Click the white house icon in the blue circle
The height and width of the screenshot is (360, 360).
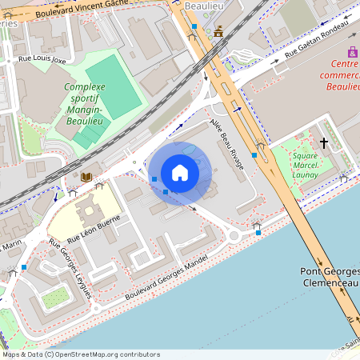pyautogui.click(x=180, y=173)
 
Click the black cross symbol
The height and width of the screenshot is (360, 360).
pyautogui.click(x=323, y=142)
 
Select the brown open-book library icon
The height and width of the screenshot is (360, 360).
pyautogui.click(x=86, y=177)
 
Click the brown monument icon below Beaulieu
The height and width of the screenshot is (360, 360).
pyautogui.click(x=218, y=31)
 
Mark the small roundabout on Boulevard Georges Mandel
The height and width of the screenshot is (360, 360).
pyautogui.click(x=234, y=236)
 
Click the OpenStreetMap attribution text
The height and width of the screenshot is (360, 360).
pyautogui.click(x=80, y=354)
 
